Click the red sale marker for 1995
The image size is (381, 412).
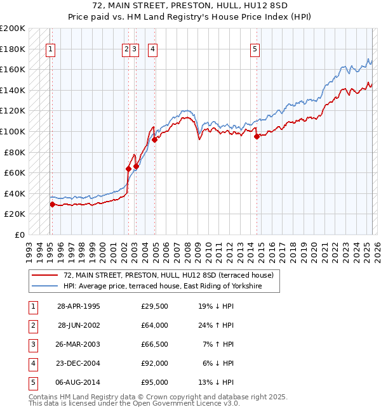(53, 204)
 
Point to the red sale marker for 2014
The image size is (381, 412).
(257, 136)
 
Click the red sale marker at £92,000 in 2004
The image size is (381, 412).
(154, 139)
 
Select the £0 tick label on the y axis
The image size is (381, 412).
(19, 235)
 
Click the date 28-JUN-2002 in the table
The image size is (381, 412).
(79, 325)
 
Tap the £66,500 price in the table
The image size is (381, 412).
(154, 344)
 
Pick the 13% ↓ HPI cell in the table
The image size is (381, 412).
(216, 382)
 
